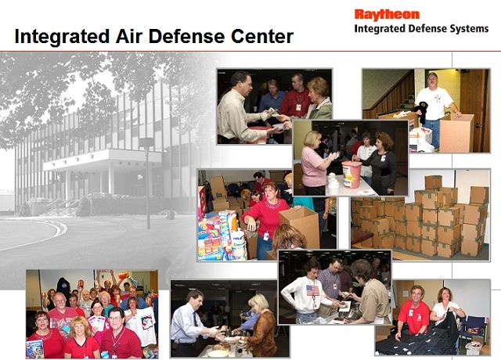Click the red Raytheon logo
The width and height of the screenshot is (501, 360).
(387, 15)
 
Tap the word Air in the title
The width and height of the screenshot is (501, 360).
(128, 36)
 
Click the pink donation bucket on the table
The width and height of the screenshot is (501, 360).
(351, 174)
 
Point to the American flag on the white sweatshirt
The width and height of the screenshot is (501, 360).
(312, 290)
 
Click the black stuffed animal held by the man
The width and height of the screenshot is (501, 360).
(422, 112)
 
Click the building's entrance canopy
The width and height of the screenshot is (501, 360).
(103, 160)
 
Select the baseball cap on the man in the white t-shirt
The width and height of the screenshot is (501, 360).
(432, 75)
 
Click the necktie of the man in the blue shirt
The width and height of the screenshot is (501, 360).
(195, 319)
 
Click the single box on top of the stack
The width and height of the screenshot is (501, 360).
(433, 182)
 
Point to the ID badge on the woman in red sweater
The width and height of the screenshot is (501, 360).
(266, 236)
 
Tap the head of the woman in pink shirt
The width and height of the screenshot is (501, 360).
(312, 139)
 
